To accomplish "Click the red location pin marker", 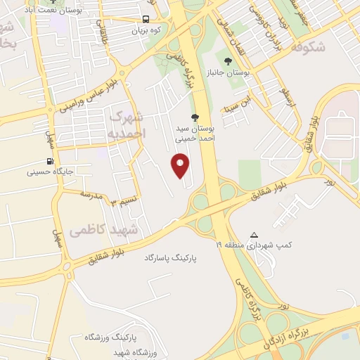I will pos(181,166).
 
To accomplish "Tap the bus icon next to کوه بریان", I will pos(146,20).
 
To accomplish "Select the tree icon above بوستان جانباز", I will pos(228,61).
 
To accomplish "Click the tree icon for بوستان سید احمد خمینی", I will pos(195,117).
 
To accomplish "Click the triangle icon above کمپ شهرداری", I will pos(254,235).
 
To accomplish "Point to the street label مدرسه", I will pos(91,193).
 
